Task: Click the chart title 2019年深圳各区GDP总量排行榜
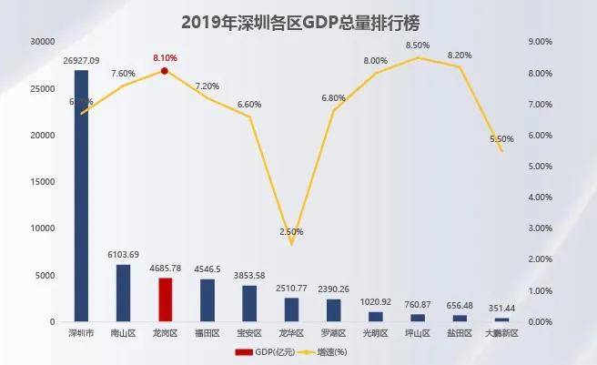pos(299,20)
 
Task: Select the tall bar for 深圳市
pos(81,196)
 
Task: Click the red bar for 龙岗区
pos(165,299)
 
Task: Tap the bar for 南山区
pos(123,293)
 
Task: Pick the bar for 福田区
pos(207,300)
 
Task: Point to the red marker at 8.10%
pos(165,70)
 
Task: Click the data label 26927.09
pos(81,60)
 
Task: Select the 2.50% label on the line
pos(291,232)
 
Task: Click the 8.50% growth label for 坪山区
pos(418,45)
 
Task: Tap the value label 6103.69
pos(123,255)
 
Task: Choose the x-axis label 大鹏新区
pos(501,334)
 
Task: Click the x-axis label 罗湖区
pos(333,334)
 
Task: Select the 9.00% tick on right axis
pos(541,42)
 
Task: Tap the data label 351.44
pos(501,309)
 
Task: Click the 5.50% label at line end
pos(501,139)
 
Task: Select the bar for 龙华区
pos(291,309)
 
